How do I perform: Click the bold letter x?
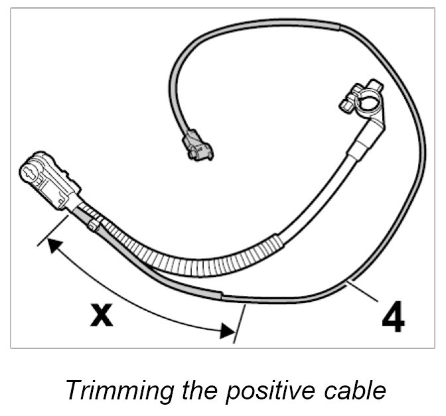coord(101,315)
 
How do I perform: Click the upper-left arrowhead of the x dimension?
coord(53,247)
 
